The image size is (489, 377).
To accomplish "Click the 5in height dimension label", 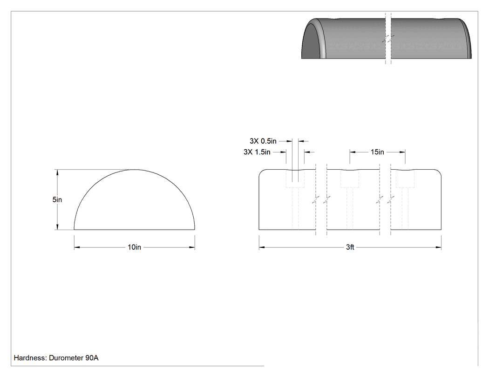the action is (57, 199).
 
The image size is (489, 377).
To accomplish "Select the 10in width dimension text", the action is (135, 247).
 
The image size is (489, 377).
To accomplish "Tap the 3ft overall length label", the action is (350, 247).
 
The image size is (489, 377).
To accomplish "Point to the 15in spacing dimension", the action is (377, 152).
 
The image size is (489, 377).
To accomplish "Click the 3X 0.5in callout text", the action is (263, 141).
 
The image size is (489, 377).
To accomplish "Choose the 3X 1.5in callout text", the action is (257, 152).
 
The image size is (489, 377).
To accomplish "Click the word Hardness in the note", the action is (30, 357).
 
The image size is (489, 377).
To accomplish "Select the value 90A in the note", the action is (92, 357).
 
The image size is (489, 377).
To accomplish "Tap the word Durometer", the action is (66, 357).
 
